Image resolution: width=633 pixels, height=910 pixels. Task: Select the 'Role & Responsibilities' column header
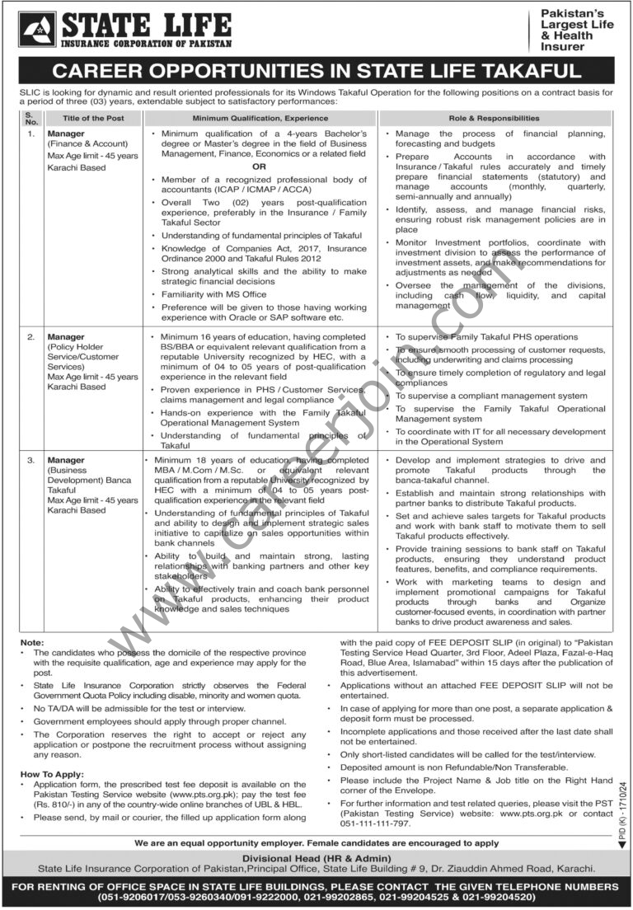[x=495, y=119]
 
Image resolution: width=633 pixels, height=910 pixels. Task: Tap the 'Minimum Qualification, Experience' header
[x=260, y=119]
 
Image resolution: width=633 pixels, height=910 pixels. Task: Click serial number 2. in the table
[x=30, y=337]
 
